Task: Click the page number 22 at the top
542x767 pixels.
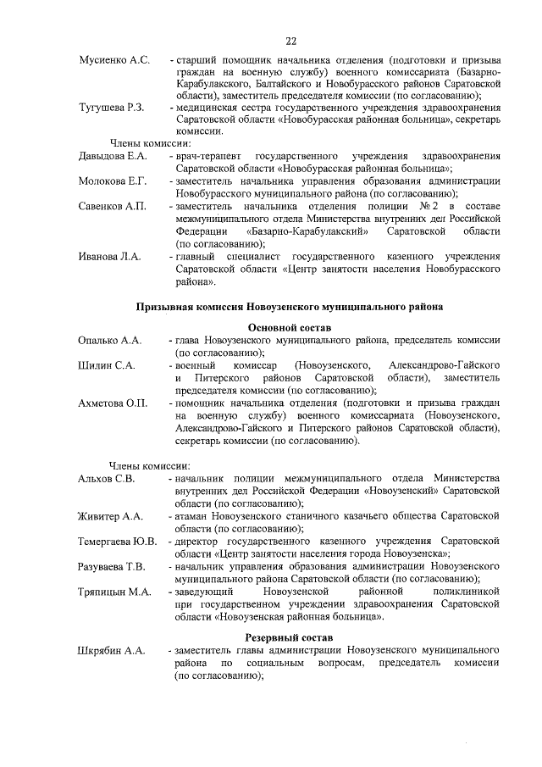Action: pyautogui.click(x=290, y=41)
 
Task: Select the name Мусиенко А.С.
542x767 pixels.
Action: pyautogui.click(x=114, y=60)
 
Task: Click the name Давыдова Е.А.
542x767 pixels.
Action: pyautogui.click(x=113, y=157)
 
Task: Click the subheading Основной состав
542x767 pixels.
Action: pyautogui.click(x=289, y=327)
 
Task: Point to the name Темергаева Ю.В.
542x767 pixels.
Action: pyautogui.click(x=117, y=541)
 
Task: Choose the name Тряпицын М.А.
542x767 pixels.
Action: pyautogui.click(x=113, y=591)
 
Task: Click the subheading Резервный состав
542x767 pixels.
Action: pyautogui.click(x=289, y=637)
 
